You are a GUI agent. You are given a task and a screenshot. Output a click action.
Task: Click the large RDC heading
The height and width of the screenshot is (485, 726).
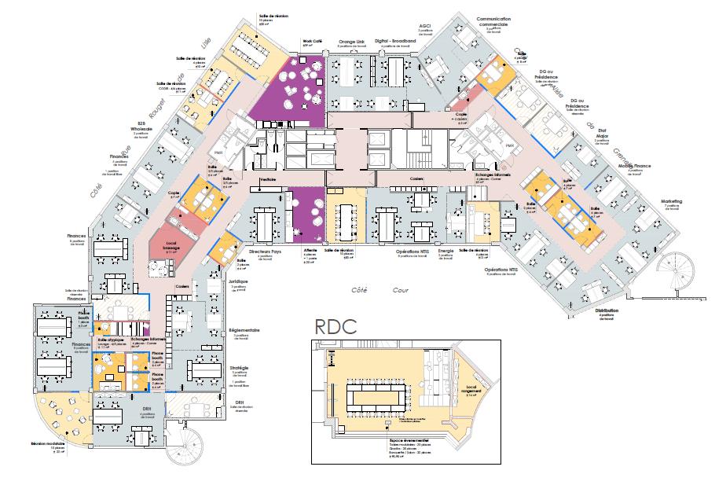point(335,326)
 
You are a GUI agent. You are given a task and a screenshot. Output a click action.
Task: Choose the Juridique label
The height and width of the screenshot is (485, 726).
point(239,281)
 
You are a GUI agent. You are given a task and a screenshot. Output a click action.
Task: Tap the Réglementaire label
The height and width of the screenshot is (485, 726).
point(240,331)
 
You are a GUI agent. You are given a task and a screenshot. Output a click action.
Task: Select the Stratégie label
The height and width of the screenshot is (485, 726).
point(239,367)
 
